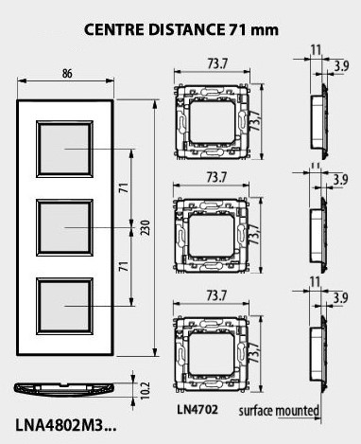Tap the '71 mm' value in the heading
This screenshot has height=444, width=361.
(x=253, y=29)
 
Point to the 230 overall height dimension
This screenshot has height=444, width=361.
(x=145, y=234)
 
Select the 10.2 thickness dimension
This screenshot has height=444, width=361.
(x=143, y=390)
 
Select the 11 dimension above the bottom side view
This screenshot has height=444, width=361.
(x=315, y=282)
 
